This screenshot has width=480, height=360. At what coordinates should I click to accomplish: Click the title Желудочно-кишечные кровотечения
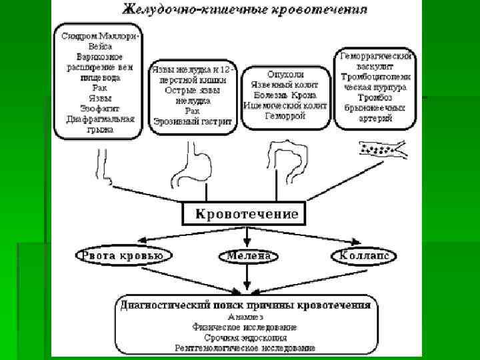click(x=245, y=11)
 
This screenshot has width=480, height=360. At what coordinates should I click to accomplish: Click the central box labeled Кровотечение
click(x=247, y=214)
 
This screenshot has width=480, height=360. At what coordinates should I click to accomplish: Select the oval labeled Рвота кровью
click(x=125, y=256)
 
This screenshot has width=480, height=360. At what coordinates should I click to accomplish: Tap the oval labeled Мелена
click(x=248, y=256)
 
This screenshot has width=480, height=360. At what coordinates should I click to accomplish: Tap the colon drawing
click(x=287, y=160)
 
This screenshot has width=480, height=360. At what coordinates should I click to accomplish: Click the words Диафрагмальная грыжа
click(x=100, y=125)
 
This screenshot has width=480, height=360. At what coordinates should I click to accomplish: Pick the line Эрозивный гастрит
click(x=192, y=121)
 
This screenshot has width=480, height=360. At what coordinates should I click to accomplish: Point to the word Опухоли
click(x=286, y=75)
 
